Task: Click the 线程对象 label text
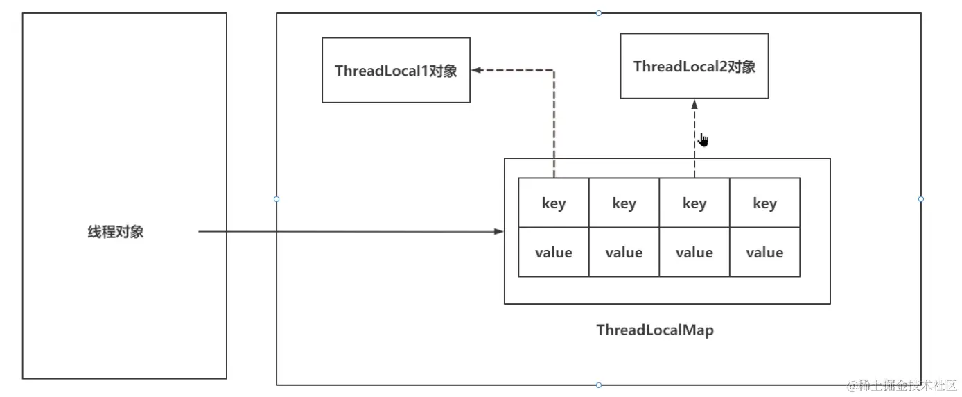click(115, 232)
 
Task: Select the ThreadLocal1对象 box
click(396, 70)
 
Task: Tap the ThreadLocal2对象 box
click(694, 66)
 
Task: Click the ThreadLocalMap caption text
click(654, 330)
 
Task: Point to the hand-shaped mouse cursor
click(703, 140)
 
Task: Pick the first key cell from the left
click(554, 203)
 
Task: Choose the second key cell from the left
click(624, 203)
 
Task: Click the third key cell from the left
click(694, 203)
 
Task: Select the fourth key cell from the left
click(764, 203)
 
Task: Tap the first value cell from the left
click(554, 252)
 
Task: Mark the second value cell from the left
click(624, 252)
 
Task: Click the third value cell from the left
click(694, 252)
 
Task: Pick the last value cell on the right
click(764, 252)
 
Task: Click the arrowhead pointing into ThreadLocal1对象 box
click(476, 70)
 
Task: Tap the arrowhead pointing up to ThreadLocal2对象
click(694, 104)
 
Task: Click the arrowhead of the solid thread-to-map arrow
click(499, 231)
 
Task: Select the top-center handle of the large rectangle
click(599, 13)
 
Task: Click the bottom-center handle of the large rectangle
click(599, 385)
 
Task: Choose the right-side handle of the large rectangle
click(921, 199)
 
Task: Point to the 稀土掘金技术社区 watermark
click(898, 385)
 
